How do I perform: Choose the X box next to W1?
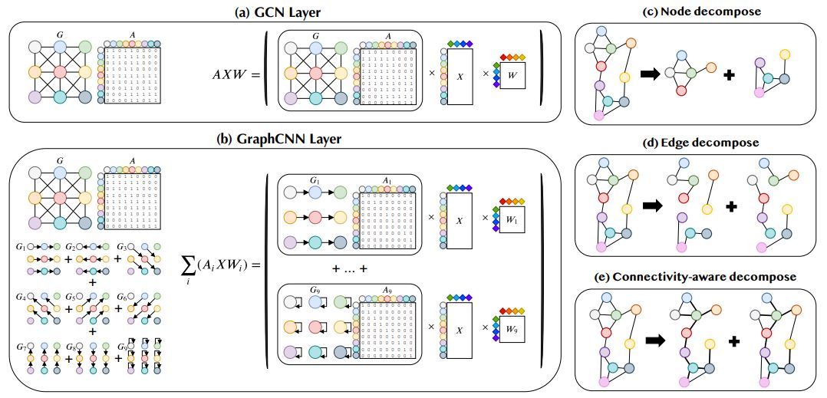pos(460,219)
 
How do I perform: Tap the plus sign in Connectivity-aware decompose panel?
pos(733,340)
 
